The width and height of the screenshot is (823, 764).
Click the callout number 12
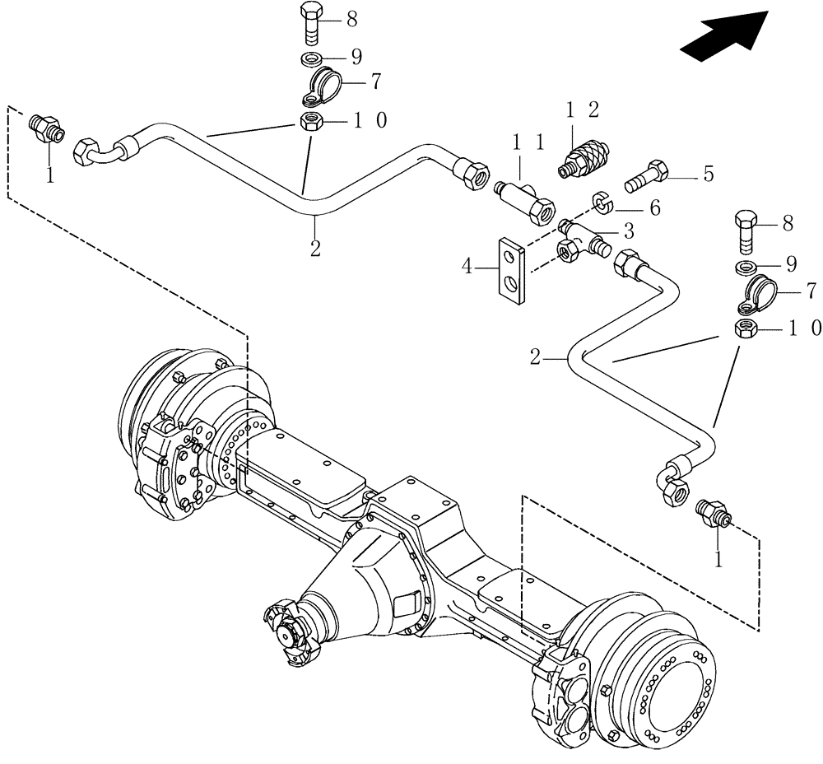pos(581,109)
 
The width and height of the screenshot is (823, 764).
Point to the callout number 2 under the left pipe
pos(315,247)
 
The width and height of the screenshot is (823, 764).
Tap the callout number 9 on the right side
pos(791,264)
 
